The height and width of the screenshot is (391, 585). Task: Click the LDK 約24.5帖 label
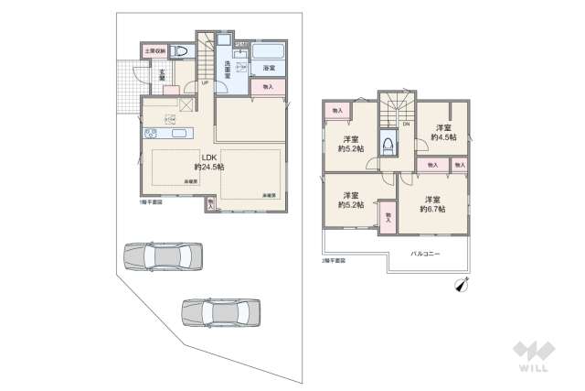tap(208, 162)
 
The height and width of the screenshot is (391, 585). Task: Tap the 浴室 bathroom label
tap(269, 69)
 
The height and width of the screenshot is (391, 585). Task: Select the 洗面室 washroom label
tap(228, 70)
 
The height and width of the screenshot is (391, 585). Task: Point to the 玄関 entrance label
tap(162, 76)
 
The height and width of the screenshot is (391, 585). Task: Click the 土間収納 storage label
tap(154, 50)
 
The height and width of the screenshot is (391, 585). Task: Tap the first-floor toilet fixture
tap(180, 51)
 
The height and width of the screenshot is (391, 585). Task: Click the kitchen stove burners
tap(169, 116)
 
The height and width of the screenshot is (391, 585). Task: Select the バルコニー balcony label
tap(425, 253)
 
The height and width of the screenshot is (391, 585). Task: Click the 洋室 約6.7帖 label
tap(431, 204)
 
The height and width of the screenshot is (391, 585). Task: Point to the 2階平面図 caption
tap(334, 261)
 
